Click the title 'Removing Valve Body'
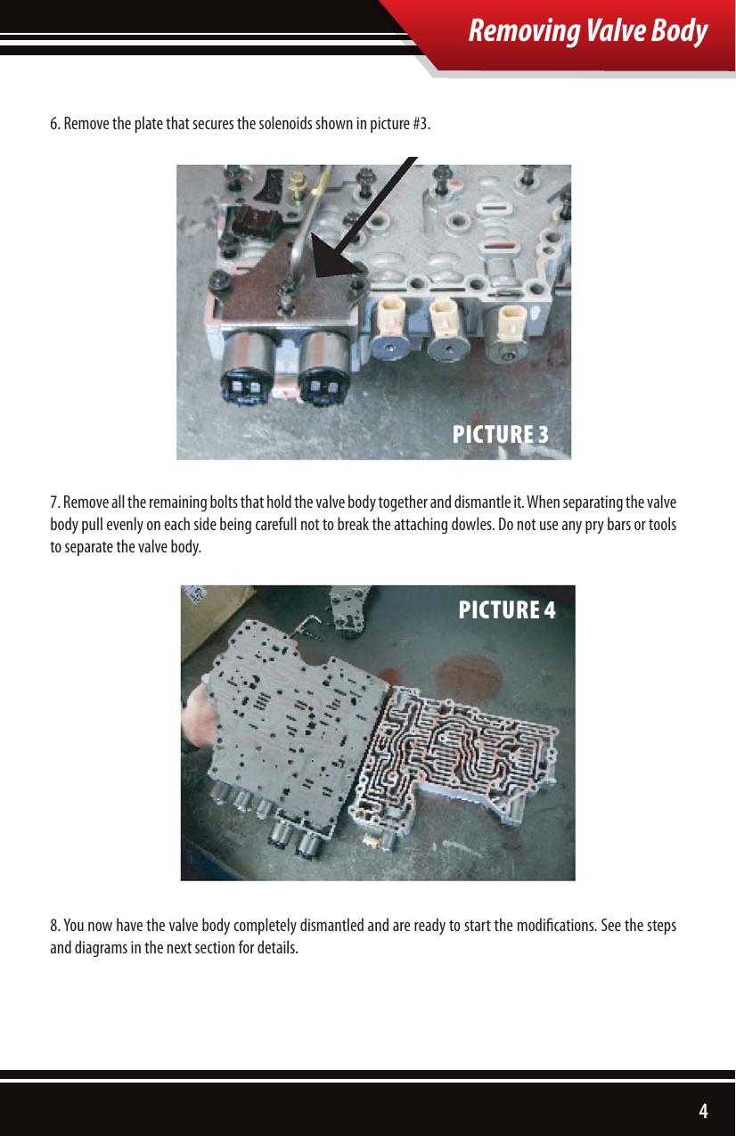click(588, 31)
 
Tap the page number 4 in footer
click(703, 1110)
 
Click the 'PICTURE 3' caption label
click(500, 435)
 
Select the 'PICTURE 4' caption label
click(506, 610)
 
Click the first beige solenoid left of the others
click(392, 314)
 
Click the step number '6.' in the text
click(54, 122)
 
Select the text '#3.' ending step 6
click(422, 122)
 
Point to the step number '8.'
click(54, 926)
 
